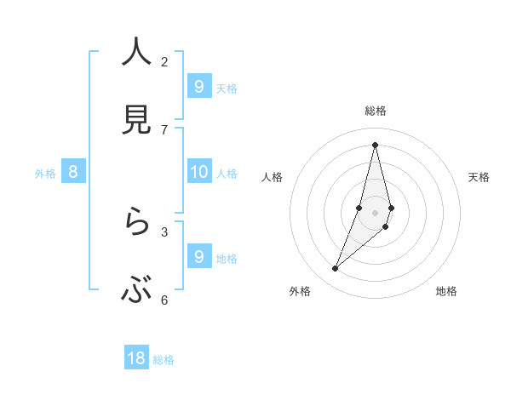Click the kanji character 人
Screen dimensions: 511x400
pyautogui.click(x=136, y=53)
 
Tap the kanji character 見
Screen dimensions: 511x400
pyautogui.click(x=136, y=120)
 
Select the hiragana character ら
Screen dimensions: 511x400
pyautogui.click(x=136, y=224)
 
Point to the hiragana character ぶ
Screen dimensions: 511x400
pyautogui.click(x=136, y=292)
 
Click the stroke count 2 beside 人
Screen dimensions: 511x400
pyautogui.click(x=164, y=61)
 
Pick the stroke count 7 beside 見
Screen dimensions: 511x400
pyautogui.click(x=164, y=129)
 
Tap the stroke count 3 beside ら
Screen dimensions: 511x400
pyautogui.click(x=164, y=231)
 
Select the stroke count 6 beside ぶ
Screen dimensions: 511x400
pyautogui.click(x=164, y=300)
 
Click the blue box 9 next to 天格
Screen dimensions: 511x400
pyautogui.click(x=198, y=86)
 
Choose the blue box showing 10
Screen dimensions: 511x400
pyautogui.click(x=198, y=172)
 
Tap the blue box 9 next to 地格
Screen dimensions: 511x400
pyautogui.click(x=198, y=256)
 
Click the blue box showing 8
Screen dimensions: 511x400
pyautogui.click(x=73, y=172)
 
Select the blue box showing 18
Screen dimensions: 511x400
pyautogui.click(x=136, y=358)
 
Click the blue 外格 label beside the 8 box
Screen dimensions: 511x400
pyautogui.click(x=45, y=174)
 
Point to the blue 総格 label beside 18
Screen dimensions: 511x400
pyautogui.click(x=164, y=360)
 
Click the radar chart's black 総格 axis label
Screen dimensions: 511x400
pyautogui.click(x=376, y=111)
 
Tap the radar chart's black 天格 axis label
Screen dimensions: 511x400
pyautogui.click(x=479, y=177)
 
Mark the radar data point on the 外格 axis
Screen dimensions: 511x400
pyautogui.click(x=336, y=269)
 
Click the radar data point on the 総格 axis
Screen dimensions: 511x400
pyautogui.click(x=376, y=145)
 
